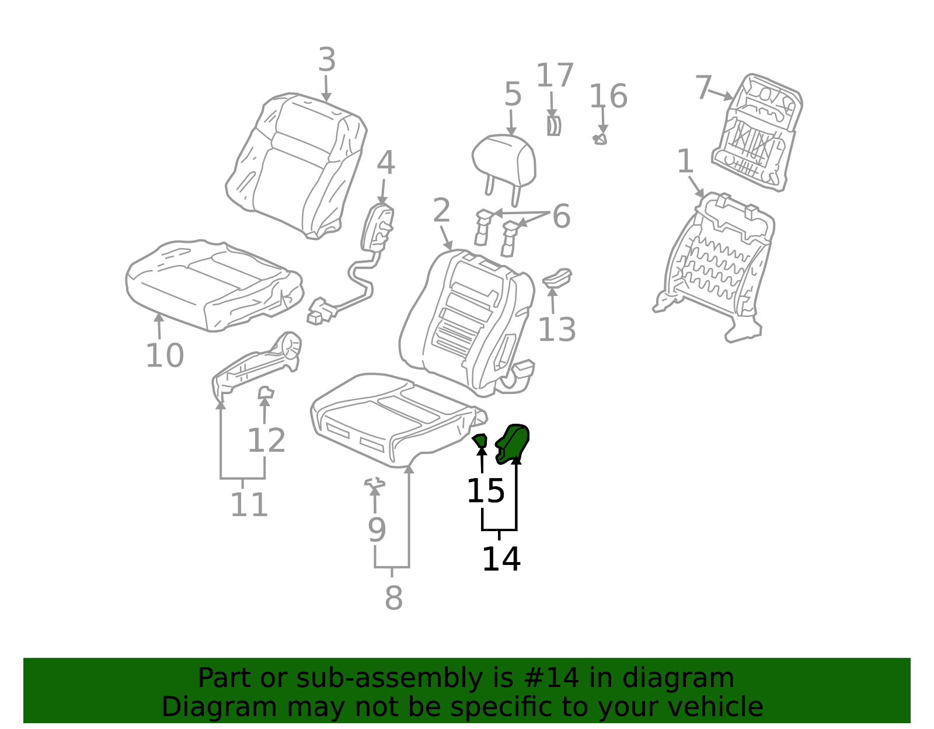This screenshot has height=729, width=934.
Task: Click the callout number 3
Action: (x=327, y=60)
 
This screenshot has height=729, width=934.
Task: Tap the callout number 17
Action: (x=555, y=76)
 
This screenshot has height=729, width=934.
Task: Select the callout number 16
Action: (x=608, y=96)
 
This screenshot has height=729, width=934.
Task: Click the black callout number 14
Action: (x=501, y=559)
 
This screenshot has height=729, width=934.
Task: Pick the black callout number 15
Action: (x=486, y=491)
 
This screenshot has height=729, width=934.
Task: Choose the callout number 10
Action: (x=165, y=355)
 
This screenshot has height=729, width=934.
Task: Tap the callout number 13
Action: (x=557, y=330)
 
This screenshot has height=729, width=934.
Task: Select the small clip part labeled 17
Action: (x=554, y=126)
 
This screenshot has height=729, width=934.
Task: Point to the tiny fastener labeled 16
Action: (x=600, y=139)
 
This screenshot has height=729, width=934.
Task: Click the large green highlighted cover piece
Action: (x=512, y=444)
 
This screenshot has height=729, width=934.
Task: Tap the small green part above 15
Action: (x=480, y=441)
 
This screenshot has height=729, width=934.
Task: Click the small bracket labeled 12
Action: (x=266, y=392)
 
